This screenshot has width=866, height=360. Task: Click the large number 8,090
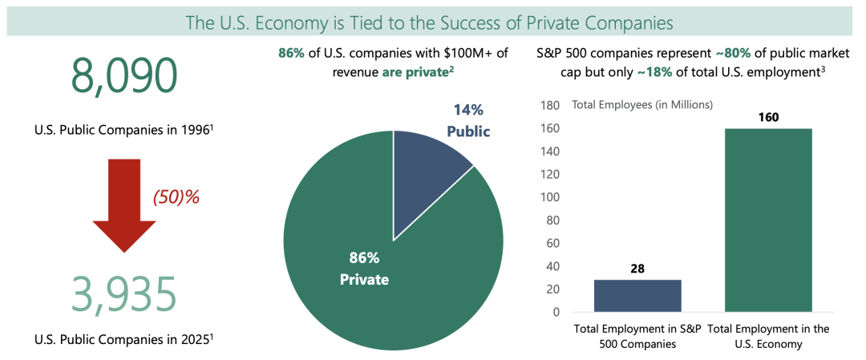123,76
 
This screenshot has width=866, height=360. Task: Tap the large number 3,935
123,294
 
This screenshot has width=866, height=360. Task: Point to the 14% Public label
468,120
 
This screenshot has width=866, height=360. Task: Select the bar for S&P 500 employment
637,296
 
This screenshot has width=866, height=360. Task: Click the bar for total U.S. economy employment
768,220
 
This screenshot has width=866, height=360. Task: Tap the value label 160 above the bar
768,117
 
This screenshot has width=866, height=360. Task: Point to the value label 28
637,269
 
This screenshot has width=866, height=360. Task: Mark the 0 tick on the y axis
555,312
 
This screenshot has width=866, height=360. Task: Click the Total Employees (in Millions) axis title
641,104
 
